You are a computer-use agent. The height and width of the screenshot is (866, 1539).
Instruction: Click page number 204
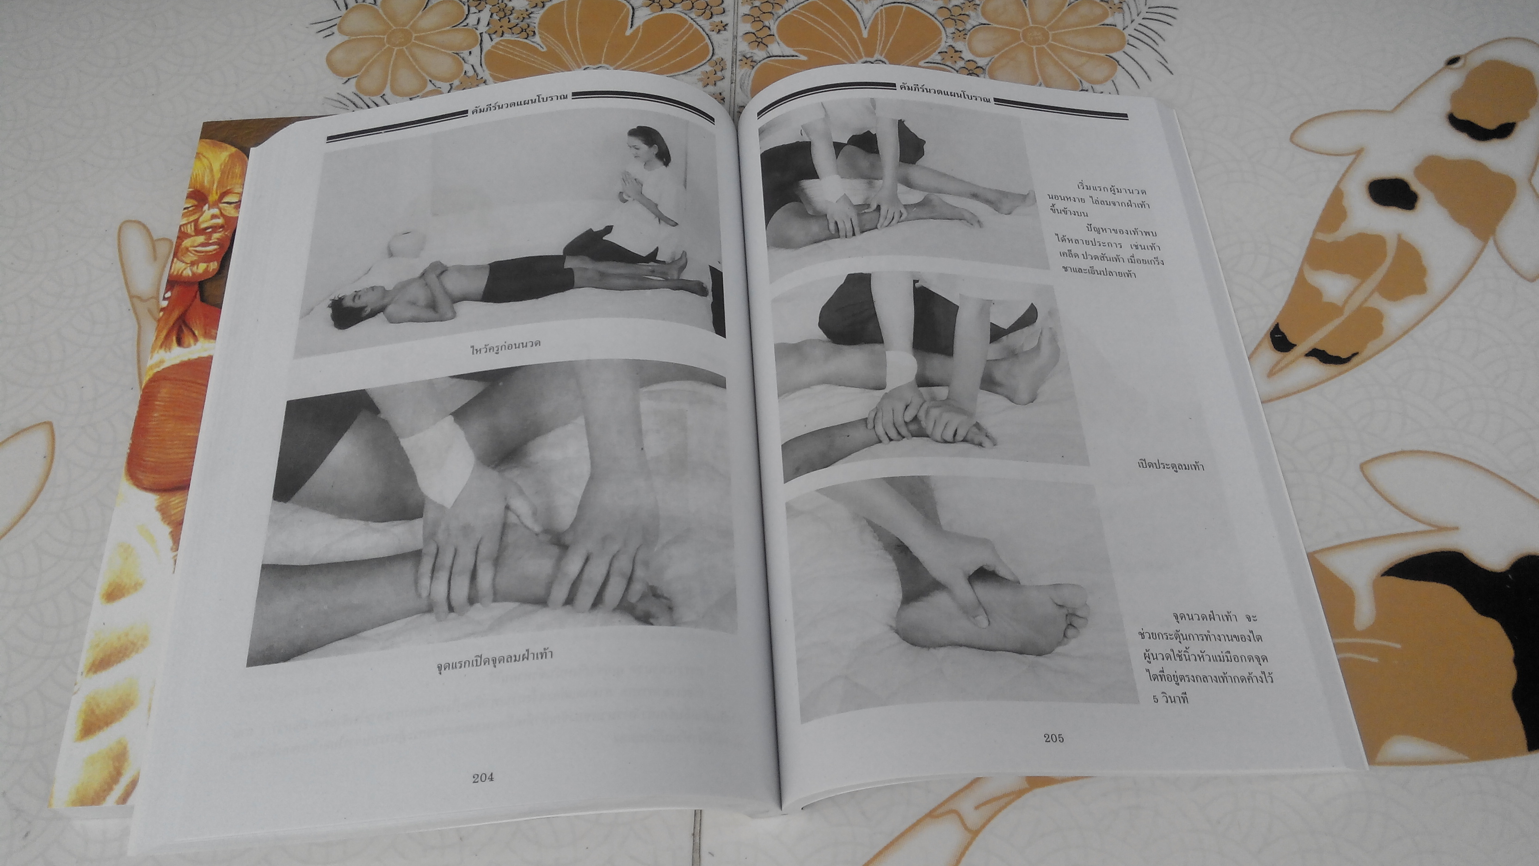(483, 778)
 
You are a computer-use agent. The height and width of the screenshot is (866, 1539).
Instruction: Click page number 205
(1054, 737)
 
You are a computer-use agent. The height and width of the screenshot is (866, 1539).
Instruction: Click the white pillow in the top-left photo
(401, 246)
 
